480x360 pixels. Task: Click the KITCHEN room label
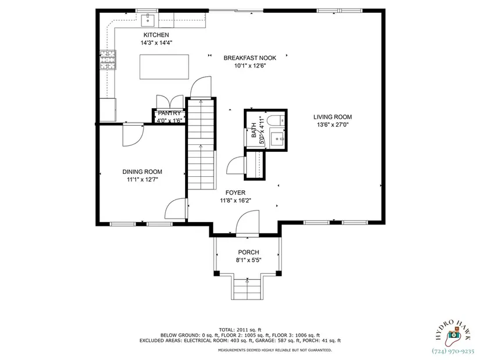coord(156,35)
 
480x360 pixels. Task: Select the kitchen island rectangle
coord(164,67)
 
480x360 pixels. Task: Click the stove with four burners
coord(108,60)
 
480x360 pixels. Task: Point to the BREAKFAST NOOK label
coord(250,58)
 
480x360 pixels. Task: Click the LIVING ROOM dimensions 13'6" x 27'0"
coord(333,125)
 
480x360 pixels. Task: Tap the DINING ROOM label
coord(143,172)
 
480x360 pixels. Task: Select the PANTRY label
coord(169,113)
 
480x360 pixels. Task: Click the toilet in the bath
coord(276,120)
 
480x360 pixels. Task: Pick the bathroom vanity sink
coord(278,138)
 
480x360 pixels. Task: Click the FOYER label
coord(236,193)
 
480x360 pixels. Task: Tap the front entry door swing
coord(247,223)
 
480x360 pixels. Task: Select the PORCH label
coord(248,252)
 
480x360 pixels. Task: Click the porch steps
coord(247,288)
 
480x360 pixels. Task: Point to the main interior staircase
coord(201,144)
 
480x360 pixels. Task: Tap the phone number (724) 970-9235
coord(453,351)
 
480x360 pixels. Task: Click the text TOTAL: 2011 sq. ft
coord(240,330)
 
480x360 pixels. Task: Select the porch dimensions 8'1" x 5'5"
coord(248,261)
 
